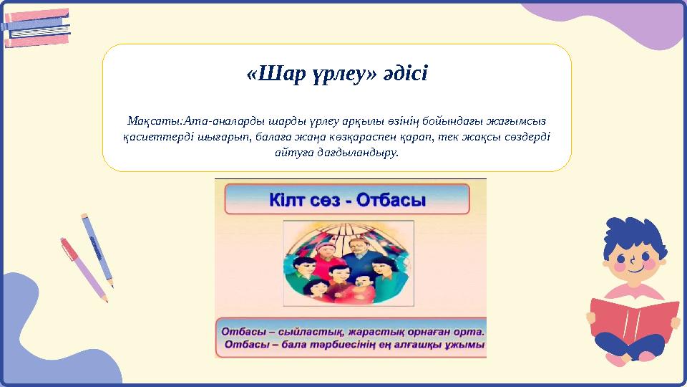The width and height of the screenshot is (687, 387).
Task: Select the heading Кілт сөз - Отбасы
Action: click(x=347, y=199)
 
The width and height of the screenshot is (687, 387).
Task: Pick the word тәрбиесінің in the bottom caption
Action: click(x=362, y=345)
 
